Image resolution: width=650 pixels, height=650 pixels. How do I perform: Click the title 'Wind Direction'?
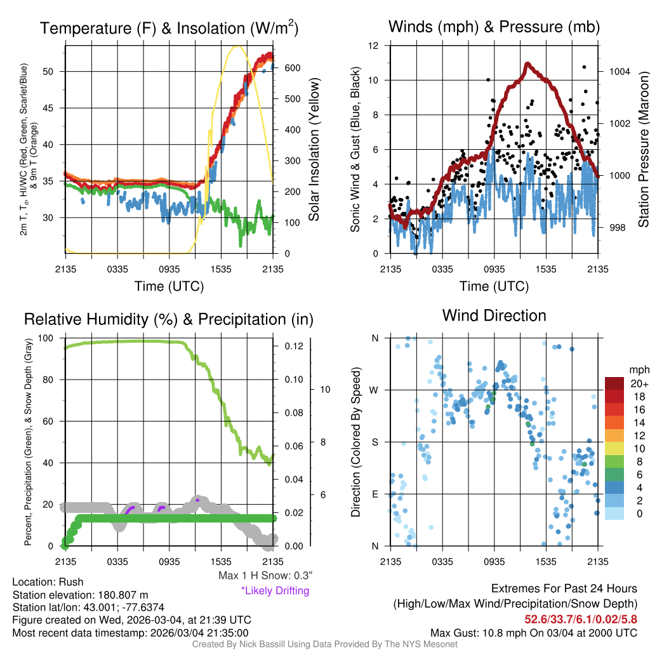click(494, 315)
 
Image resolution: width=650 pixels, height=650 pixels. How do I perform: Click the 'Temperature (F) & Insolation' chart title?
click(169, 29)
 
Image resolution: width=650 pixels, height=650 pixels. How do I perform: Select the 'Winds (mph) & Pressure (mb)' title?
click(494, 27)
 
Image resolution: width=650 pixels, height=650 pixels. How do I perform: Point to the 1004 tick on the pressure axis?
click(618, 72)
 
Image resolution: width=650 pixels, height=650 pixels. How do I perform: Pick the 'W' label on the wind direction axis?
click(375, 390)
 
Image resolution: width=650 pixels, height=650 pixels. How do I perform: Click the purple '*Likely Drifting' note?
click(275, 591)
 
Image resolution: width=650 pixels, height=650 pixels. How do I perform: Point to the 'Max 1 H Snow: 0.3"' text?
click(265, 576)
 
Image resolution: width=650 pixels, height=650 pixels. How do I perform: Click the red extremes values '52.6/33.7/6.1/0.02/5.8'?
click(581, 619)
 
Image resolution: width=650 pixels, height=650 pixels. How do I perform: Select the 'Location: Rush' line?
click(48, 582)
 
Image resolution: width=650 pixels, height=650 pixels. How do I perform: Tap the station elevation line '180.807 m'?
click(80, 595)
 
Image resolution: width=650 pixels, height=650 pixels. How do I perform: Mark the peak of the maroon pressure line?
click(527, 63)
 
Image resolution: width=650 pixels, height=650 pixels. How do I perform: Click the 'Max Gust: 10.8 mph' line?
click(534, 632)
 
